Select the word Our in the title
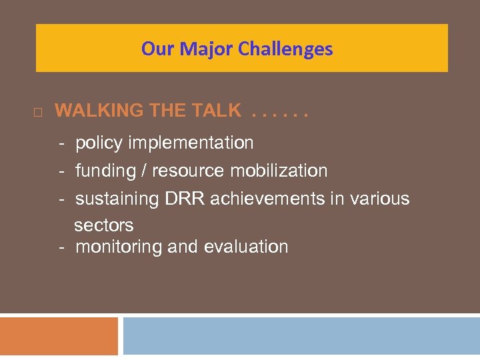click(159, 49)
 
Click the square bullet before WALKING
click(37, 113)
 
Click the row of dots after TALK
click(280, 114)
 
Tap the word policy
click(99, 143)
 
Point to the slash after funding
click(144, 171)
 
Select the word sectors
click(104, 225)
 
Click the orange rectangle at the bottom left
click(59, 336)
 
